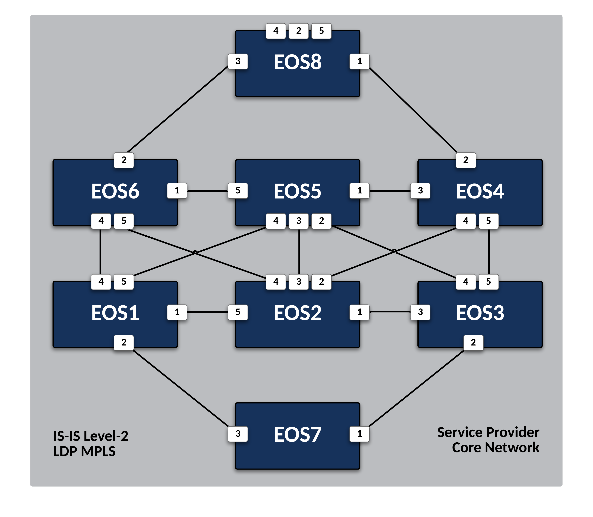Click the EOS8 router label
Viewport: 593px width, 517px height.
(x=297, y=62)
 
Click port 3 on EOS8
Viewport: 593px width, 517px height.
(x=238, y=61)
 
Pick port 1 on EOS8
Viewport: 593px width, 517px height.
(x=359, y=61)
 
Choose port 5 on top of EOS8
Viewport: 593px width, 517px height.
(x=321, y=31)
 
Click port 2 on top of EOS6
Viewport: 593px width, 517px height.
(x=124, y=160)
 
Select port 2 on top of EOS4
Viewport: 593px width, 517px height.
(x=465, y=160)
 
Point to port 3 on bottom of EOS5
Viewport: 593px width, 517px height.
(x=299, y=221)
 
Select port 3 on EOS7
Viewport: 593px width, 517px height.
(x=238, y=434)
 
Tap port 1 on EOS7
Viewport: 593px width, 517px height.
(x=359, y=434)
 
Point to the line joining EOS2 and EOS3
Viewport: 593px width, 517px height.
(x=390, y=312)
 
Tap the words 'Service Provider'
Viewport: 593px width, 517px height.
(x=488, y=432)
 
